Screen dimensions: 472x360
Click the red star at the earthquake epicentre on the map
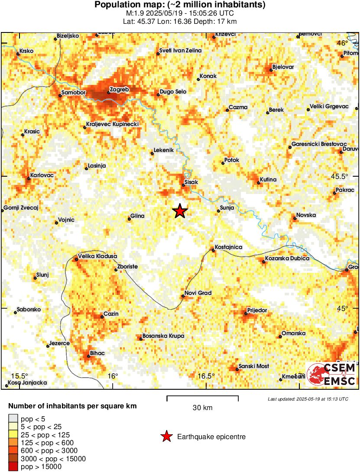180,211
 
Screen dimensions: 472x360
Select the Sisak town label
191,182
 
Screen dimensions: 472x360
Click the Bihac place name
97,353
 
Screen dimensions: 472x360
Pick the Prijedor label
257,310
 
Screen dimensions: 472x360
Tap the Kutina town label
268,179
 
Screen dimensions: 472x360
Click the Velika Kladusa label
97,256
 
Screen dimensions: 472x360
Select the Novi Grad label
198,293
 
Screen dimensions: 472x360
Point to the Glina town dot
129,219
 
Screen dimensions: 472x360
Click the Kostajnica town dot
213,250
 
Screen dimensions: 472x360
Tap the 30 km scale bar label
202,407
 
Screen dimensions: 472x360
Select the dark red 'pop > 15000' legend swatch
13,466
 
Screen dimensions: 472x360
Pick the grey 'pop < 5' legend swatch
13,419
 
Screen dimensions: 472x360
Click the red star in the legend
166,437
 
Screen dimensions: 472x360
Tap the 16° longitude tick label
113,376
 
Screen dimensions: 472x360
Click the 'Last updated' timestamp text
308,399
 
